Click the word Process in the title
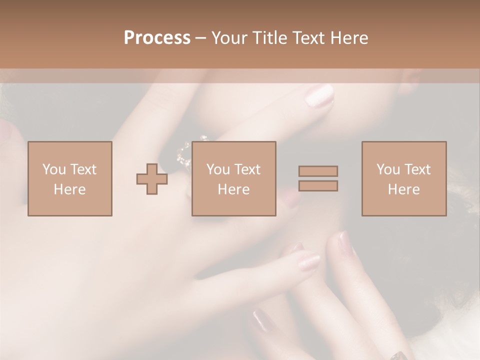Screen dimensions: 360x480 157,38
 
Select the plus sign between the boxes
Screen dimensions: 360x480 152,179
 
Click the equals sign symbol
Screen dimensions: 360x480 318,178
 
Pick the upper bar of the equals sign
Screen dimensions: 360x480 318,171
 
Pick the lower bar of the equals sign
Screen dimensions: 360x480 318,185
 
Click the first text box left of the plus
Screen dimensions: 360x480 70,178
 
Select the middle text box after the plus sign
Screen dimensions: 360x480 234,178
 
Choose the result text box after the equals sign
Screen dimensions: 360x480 404,178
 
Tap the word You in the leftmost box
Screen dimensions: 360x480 54,169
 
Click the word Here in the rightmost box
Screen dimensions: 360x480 404,189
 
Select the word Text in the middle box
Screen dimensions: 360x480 247,169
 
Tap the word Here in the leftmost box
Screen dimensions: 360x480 70,189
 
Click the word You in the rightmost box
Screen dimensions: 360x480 388,169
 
